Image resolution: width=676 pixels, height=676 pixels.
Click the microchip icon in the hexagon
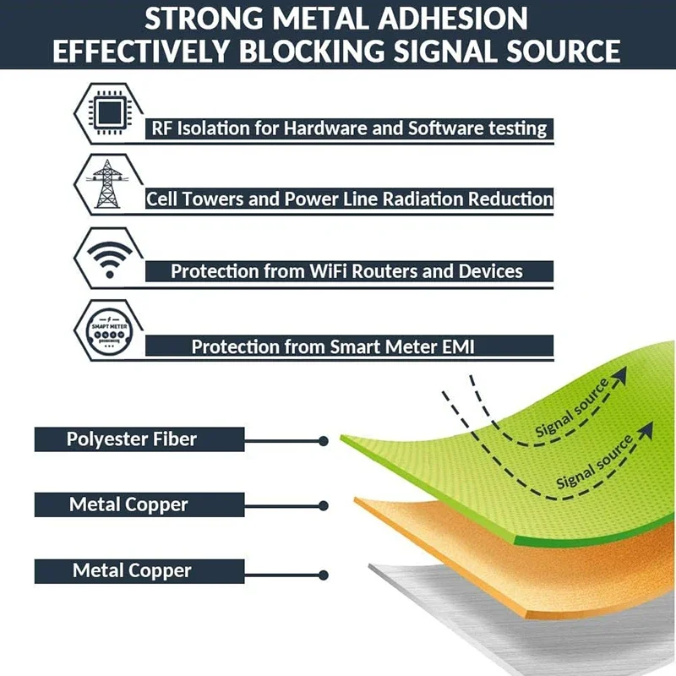coord(107,112)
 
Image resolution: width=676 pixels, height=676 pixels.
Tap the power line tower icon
coord(107,183)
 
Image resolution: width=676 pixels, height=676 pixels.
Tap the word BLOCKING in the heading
coord(321,51)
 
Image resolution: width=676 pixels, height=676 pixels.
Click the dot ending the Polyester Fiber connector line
coord(324,441)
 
